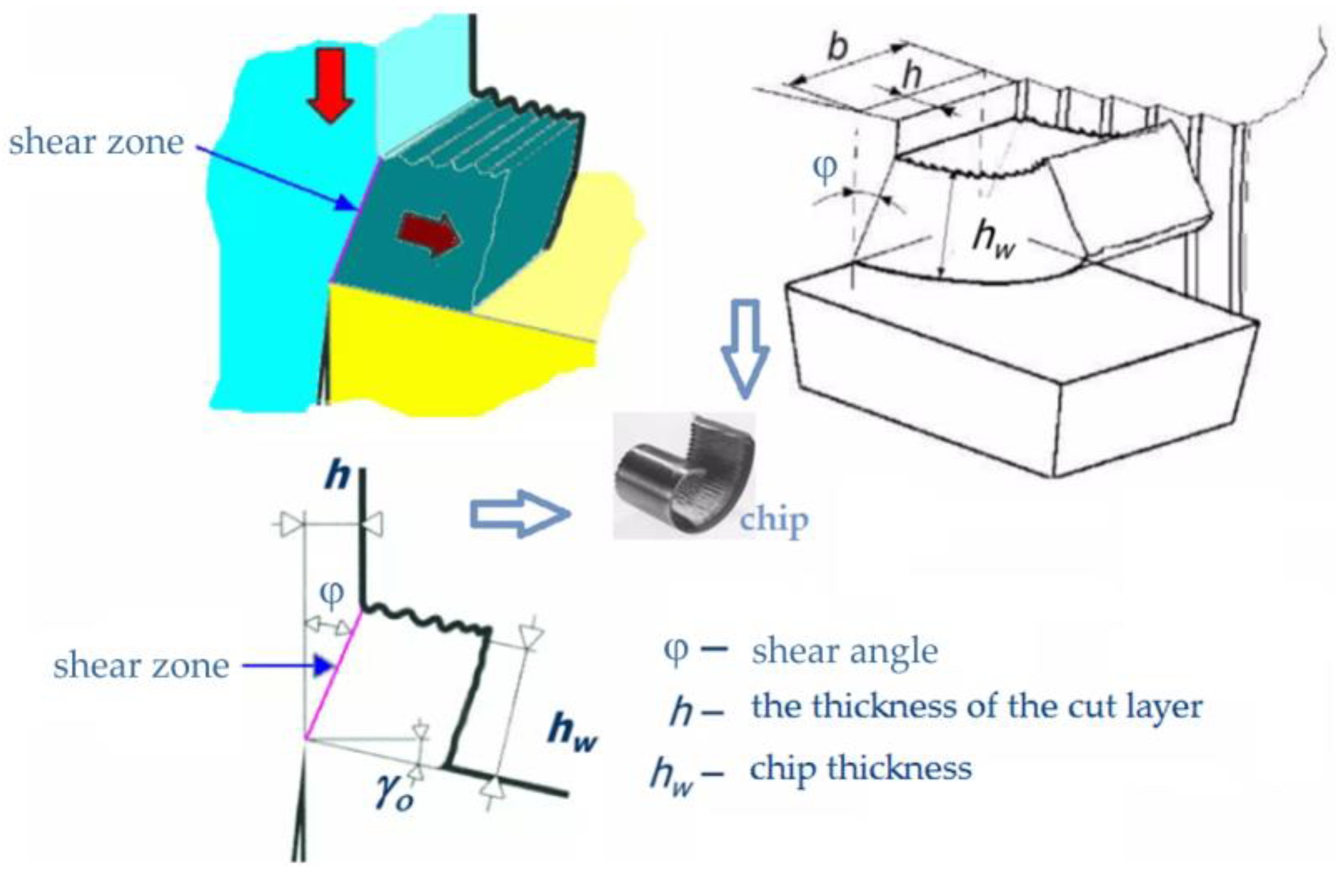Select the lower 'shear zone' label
click(141, 666)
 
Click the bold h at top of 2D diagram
click(336, 477)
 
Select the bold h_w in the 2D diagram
click(573, 733)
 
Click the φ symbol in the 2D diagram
click(331, 594)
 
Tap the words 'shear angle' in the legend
click(845, 651)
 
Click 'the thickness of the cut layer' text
click(977, 706)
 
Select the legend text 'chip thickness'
click(860, 768)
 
